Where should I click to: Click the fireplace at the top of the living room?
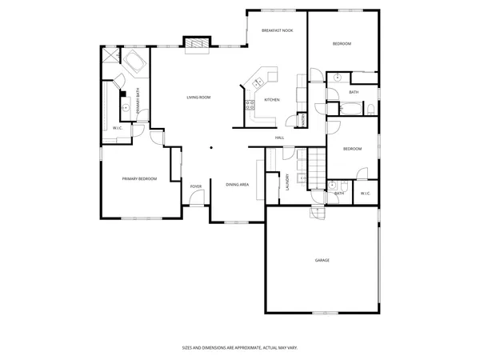coord(196,43)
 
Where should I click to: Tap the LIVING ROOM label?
coord(198,98)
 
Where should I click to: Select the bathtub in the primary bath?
coord(133,63)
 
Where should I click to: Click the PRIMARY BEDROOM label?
coord(139,179)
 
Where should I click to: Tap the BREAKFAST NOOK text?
coord(276,30)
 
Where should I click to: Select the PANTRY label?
coord(303,119)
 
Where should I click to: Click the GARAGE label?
coord(322,260)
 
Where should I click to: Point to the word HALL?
coord(280,138)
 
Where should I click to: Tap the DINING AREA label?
coord(237,184)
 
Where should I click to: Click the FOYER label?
coord(196,187)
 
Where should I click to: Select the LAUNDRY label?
coord(286,184)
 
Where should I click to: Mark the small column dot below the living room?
coord(211,146)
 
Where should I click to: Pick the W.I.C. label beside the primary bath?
coord(117,128)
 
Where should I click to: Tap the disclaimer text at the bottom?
coord(240,348)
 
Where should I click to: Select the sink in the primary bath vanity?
coord(125,107)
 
